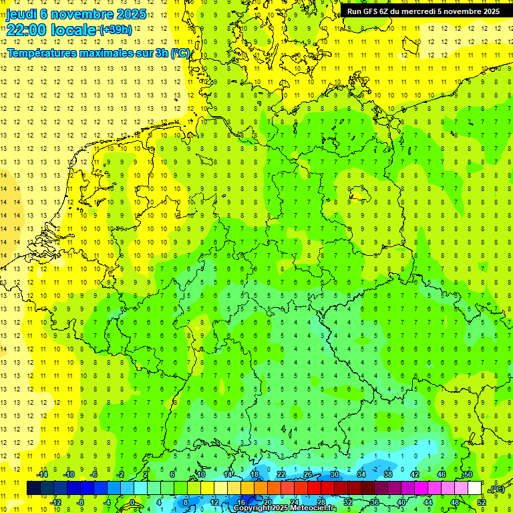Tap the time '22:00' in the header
(30, 30)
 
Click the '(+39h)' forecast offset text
(116, 30)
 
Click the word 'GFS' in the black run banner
(370, 11)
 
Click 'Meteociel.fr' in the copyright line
(313, 508)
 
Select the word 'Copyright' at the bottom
(254, 508)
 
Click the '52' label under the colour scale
(481, 502)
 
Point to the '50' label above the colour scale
(468, 474)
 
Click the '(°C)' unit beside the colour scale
(497, 489)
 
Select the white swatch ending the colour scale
(474, 488)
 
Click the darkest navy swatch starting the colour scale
(33, 488)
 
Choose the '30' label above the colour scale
(335, 474)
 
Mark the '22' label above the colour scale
(281, 474)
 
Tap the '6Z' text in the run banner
(385, 11)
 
